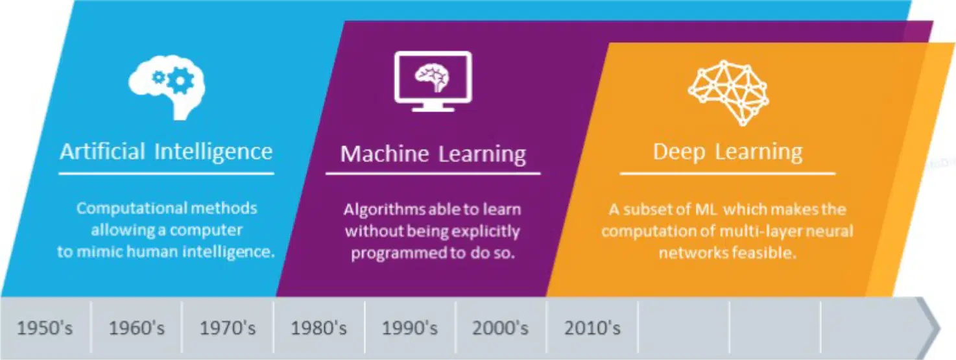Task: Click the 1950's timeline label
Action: (45, 328)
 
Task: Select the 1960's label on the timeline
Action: (137, 328)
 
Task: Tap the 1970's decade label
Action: (228, 328)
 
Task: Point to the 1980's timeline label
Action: (319, 328)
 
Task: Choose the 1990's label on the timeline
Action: (410, 328)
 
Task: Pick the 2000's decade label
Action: (500, 328)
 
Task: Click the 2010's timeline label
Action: (592, 328)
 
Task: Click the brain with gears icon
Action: (167, 87)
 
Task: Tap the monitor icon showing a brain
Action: (433, 82)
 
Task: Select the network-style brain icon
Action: (728, 93)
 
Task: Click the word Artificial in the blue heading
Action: (102, 151)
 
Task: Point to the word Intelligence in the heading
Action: (213, 152)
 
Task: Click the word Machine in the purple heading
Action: (385, 153)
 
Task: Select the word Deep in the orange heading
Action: (679, 152)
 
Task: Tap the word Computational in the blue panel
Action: (132, 208)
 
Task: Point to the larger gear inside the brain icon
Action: (180, 80)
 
